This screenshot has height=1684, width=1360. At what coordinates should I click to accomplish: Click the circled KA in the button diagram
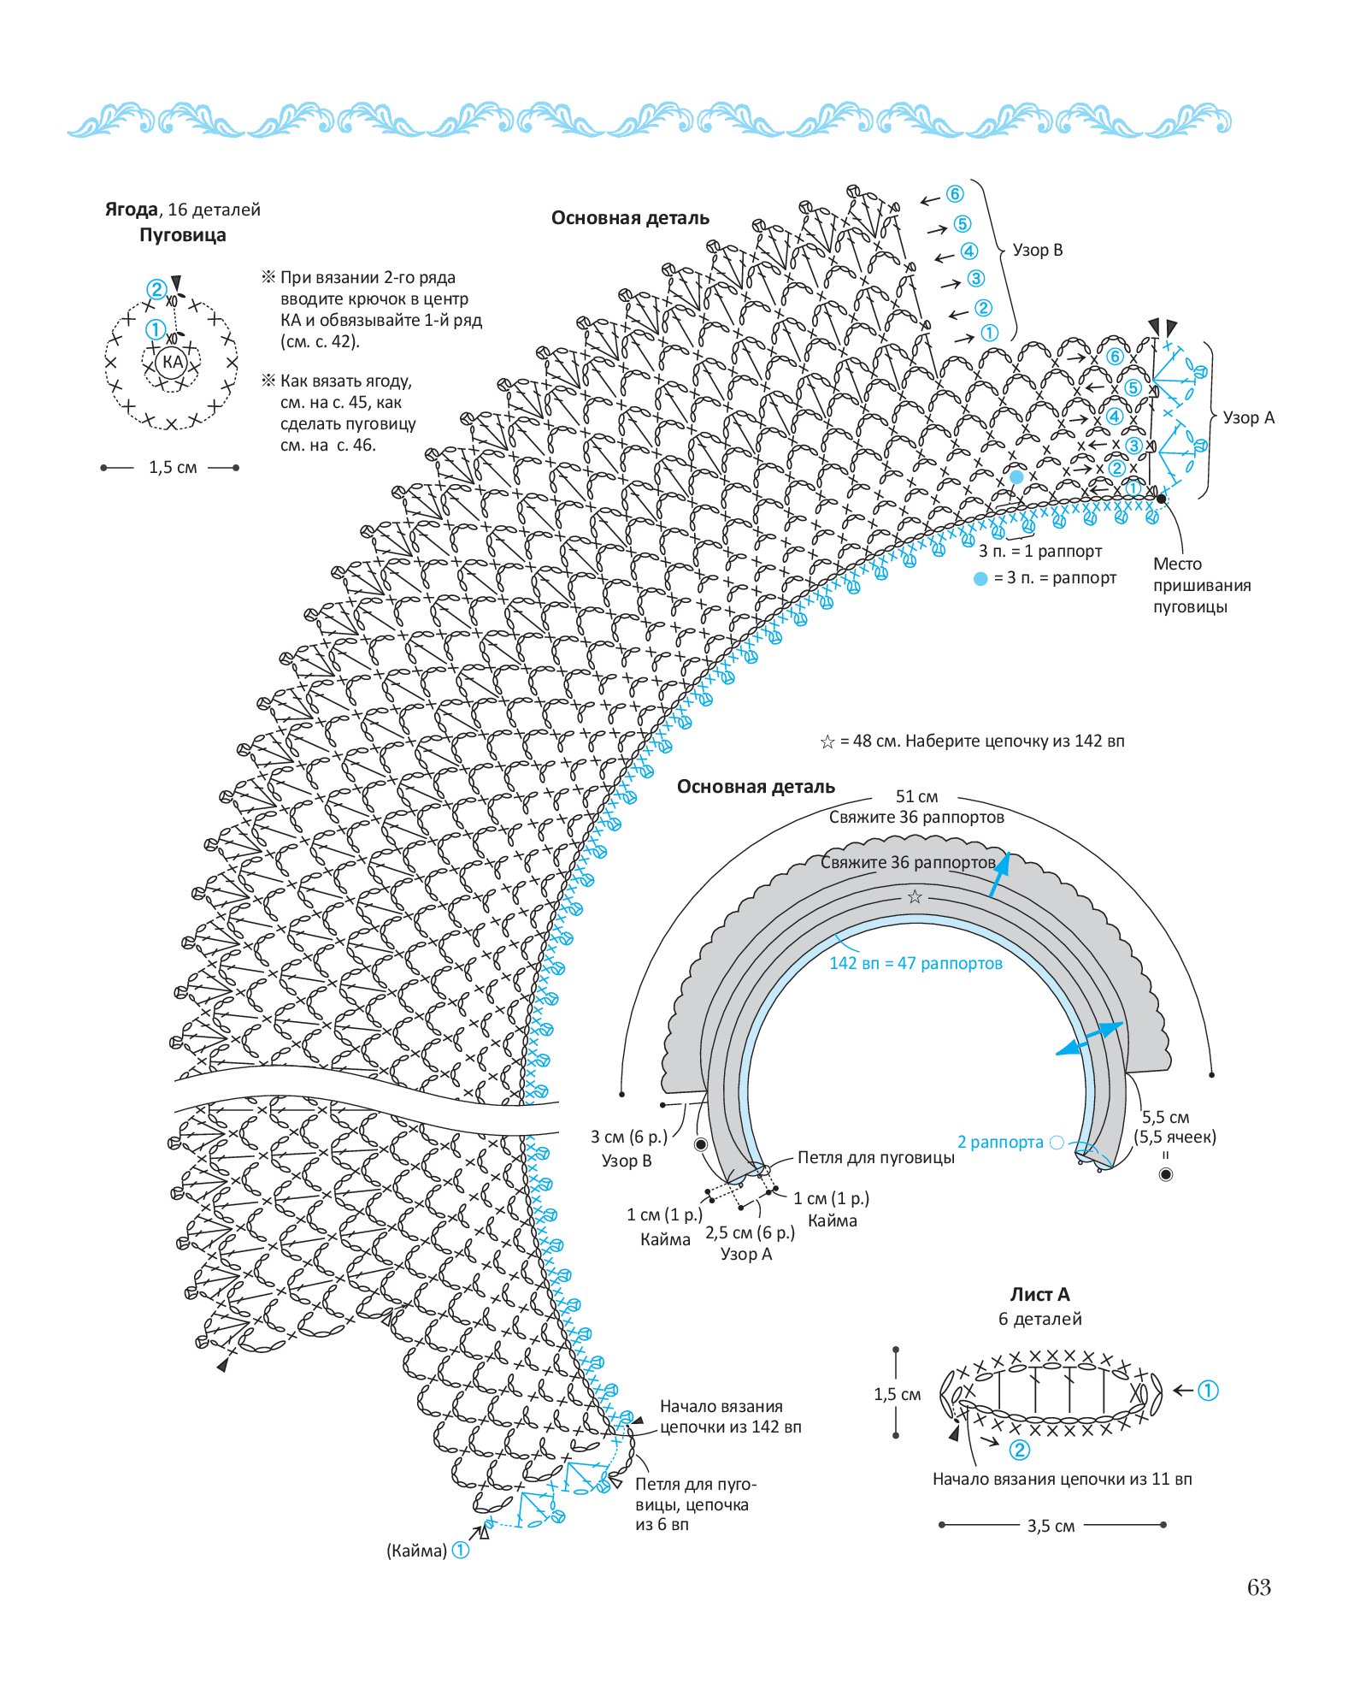click(173, 362)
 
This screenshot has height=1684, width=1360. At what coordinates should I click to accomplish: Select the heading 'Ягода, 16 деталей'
click(182, 210)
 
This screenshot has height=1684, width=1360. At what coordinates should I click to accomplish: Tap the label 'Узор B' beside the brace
click(1038, 250)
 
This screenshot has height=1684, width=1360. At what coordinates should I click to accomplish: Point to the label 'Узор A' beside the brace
click(1248, 417)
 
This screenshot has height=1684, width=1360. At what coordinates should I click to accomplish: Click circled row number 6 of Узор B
click(955, 194)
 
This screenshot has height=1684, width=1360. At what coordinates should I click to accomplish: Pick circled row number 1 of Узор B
click(990, 334)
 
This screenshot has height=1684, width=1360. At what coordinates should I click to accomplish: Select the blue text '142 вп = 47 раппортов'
click(915, 963)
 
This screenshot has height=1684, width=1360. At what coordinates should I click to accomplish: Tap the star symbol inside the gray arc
click(915, 896)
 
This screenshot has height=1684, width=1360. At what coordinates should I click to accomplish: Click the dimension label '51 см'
click(916, 796)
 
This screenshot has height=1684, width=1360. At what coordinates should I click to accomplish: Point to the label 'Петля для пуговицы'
click(876, 1157)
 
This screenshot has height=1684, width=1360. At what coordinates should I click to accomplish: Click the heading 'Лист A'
click(1039, 1294)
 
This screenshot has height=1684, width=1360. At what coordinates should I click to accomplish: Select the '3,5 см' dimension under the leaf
click(1051, 1526)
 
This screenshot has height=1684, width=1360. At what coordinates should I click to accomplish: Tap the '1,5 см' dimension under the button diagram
click(173, 467)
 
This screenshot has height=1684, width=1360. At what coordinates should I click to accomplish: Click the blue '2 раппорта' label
click(1000, 1142)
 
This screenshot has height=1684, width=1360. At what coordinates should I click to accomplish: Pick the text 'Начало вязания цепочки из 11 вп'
click(1062, 1479)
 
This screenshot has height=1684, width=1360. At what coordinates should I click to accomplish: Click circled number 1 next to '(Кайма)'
click(461, 1550)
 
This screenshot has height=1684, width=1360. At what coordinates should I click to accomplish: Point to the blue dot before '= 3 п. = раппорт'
click(980, 579)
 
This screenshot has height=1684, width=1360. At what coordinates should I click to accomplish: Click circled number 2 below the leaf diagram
click(1019, 1449)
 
